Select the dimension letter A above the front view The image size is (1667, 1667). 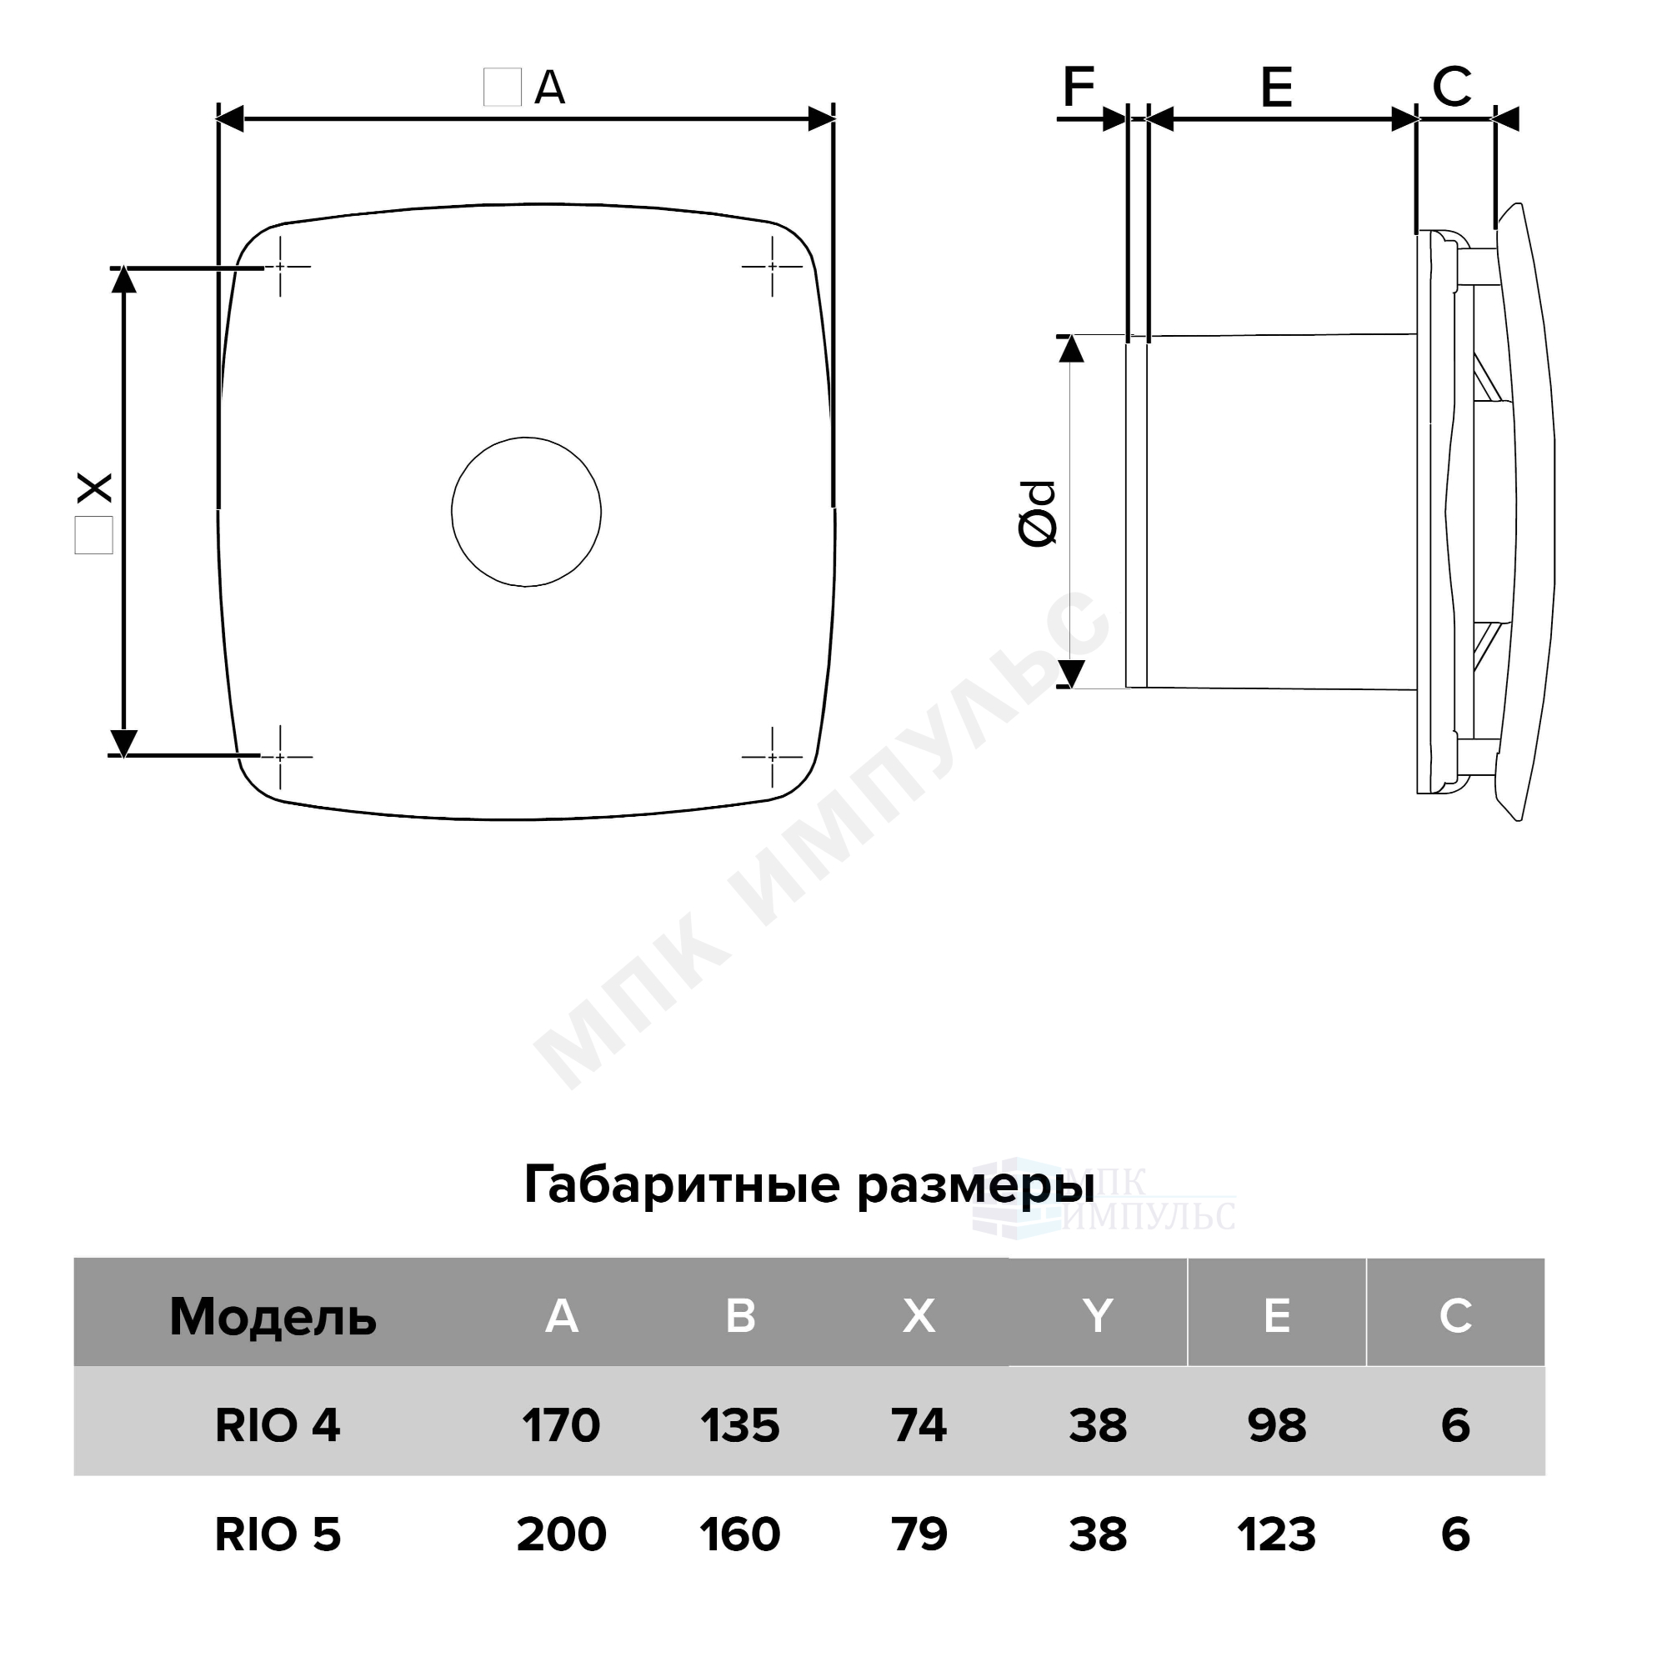(549, 88)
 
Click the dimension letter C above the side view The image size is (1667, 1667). (1451, 87)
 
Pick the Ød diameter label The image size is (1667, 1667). (1038, 513)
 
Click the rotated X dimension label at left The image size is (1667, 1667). (95, 488)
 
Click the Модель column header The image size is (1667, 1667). (273, 1317)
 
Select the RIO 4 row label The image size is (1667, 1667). (278, 1424)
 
